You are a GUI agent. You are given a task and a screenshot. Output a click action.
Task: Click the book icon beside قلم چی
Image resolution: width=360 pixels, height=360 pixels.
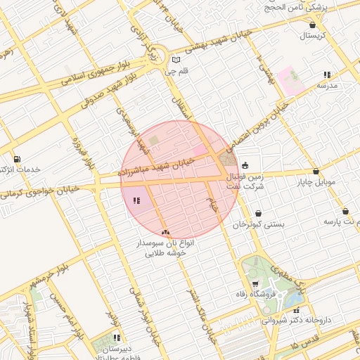point(176,60)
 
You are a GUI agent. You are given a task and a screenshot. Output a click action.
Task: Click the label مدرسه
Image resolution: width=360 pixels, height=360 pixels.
point(327,84)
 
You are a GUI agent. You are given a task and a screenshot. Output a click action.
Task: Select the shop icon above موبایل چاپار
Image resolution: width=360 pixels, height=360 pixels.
point(316,171)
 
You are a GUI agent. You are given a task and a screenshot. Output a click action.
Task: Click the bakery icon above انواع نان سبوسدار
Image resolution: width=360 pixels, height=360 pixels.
point(165,232)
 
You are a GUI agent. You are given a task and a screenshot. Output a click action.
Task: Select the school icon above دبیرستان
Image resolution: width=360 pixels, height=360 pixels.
point(116,337)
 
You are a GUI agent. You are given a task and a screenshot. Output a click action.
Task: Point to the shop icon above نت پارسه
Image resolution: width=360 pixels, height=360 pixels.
point(345,211)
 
